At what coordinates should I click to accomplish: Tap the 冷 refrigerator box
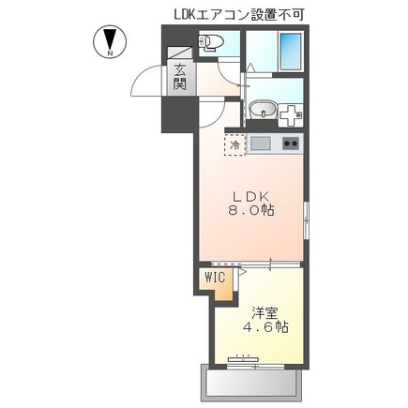click(x=234, y=146)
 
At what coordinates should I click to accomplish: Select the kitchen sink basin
click(x=260, y=144)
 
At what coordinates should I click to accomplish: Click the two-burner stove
click(x=290, y=144)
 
